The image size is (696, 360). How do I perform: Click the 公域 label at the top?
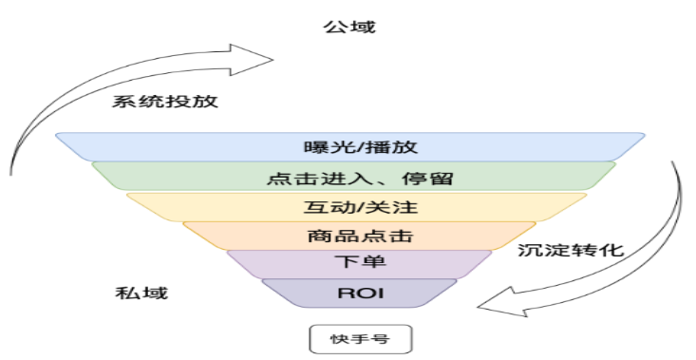(x=350, y=27)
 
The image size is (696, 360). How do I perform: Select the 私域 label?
(x=141, y=293)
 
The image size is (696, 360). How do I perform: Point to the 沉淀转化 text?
(x=571, y=252)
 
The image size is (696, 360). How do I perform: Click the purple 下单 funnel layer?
(x=360, y=263)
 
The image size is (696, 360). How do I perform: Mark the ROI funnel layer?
(x=360, y=293)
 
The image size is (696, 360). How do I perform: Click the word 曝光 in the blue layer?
(x=322, y=147)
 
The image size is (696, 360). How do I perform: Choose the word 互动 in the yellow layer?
(x=326, y=206)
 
